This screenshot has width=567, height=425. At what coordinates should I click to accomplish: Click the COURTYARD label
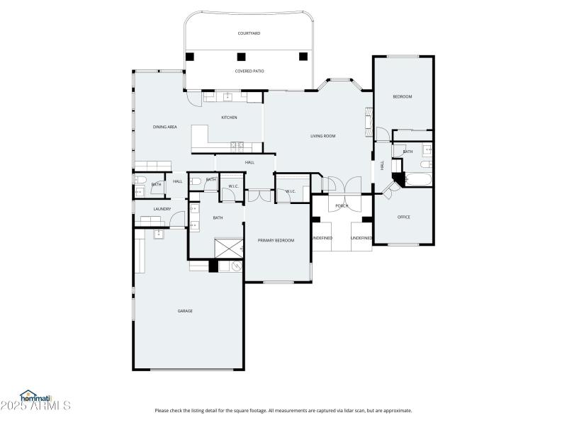coord(248,33)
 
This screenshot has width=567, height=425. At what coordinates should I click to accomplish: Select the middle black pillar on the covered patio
coord(241,57)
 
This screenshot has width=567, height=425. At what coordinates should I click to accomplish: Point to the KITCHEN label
coord(229,118)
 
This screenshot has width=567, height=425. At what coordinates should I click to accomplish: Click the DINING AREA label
coord(164,127)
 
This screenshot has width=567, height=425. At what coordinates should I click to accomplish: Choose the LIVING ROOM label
coord(322,136)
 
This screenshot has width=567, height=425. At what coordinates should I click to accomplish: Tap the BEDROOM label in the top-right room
coord(403,96)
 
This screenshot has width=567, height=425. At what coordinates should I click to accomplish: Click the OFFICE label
coord(403,217)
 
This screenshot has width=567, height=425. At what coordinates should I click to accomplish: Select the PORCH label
coord(342,206)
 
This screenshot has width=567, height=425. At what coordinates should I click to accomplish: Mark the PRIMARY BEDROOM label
coord(276,240)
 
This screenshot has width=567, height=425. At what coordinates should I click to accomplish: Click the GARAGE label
coord(185,311)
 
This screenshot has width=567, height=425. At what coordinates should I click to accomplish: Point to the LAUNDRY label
coord(162,209)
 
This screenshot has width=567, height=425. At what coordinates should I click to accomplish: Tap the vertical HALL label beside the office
coord(382,165)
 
